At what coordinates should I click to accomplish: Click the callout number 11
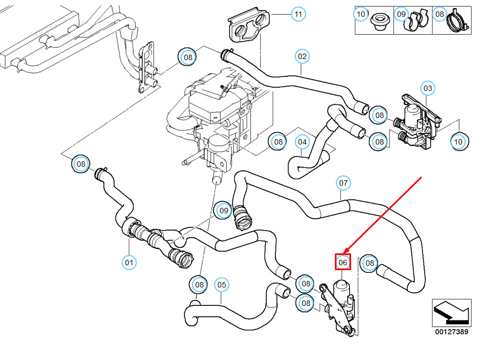pos(298,14)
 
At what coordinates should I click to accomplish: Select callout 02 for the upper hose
pos(302,56)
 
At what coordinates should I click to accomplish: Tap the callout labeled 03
pos(428,88)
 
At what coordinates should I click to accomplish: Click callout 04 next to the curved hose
pos(302,142)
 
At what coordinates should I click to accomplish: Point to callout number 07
pos(343,183)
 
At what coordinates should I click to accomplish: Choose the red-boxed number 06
pos(343,263)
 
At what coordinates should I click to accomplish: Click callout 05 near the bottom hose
pos(221,284)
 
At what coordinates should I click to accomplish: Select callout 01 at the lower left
pos(129,263)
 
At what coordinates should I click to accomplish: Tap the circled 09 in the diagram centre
pos(223,210)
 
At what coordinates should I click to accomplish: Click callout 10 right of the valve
pos(458,142)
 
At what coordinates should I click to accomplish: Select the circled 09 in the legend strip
pos(401,14)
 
